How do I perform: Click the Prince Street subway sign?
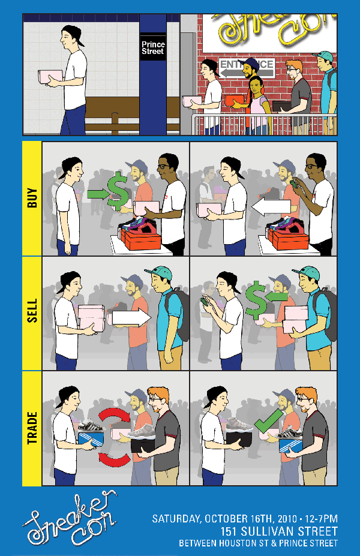tap(153, 47)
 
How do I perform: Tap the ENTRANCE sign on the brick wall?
tap(247, 67)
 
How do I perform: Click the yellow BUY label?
tap(32, 198)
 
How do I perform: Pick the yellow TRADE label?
tap(32, 428)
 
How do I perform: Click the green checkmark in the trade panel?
tap(269, 421)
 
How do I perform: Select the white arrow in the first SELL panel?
tap(131, 317)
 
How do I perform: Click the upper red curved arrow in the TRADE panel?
tap(115, 416)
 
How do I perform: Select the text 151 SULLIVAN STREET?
tap(279, 531)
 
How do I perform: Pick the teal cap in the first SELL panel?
tap(159, 273)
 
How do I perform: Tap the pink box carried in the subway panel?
tap(50, 77)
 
